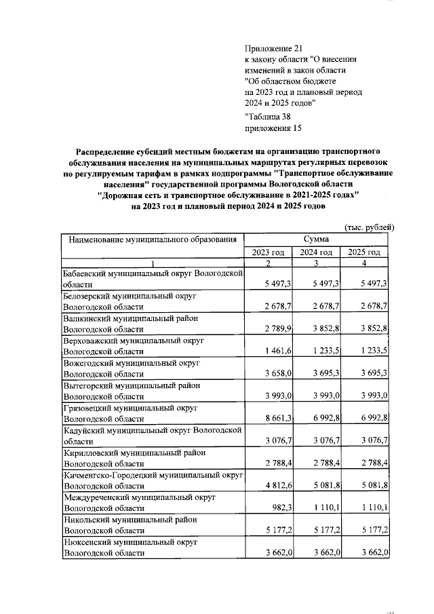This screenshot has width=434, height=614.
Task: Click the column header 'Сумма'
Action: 317,239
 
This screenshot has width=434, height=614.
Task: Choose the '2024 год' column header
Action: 317,252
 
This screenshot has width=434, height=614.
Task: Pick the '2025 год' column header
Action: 365,252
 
